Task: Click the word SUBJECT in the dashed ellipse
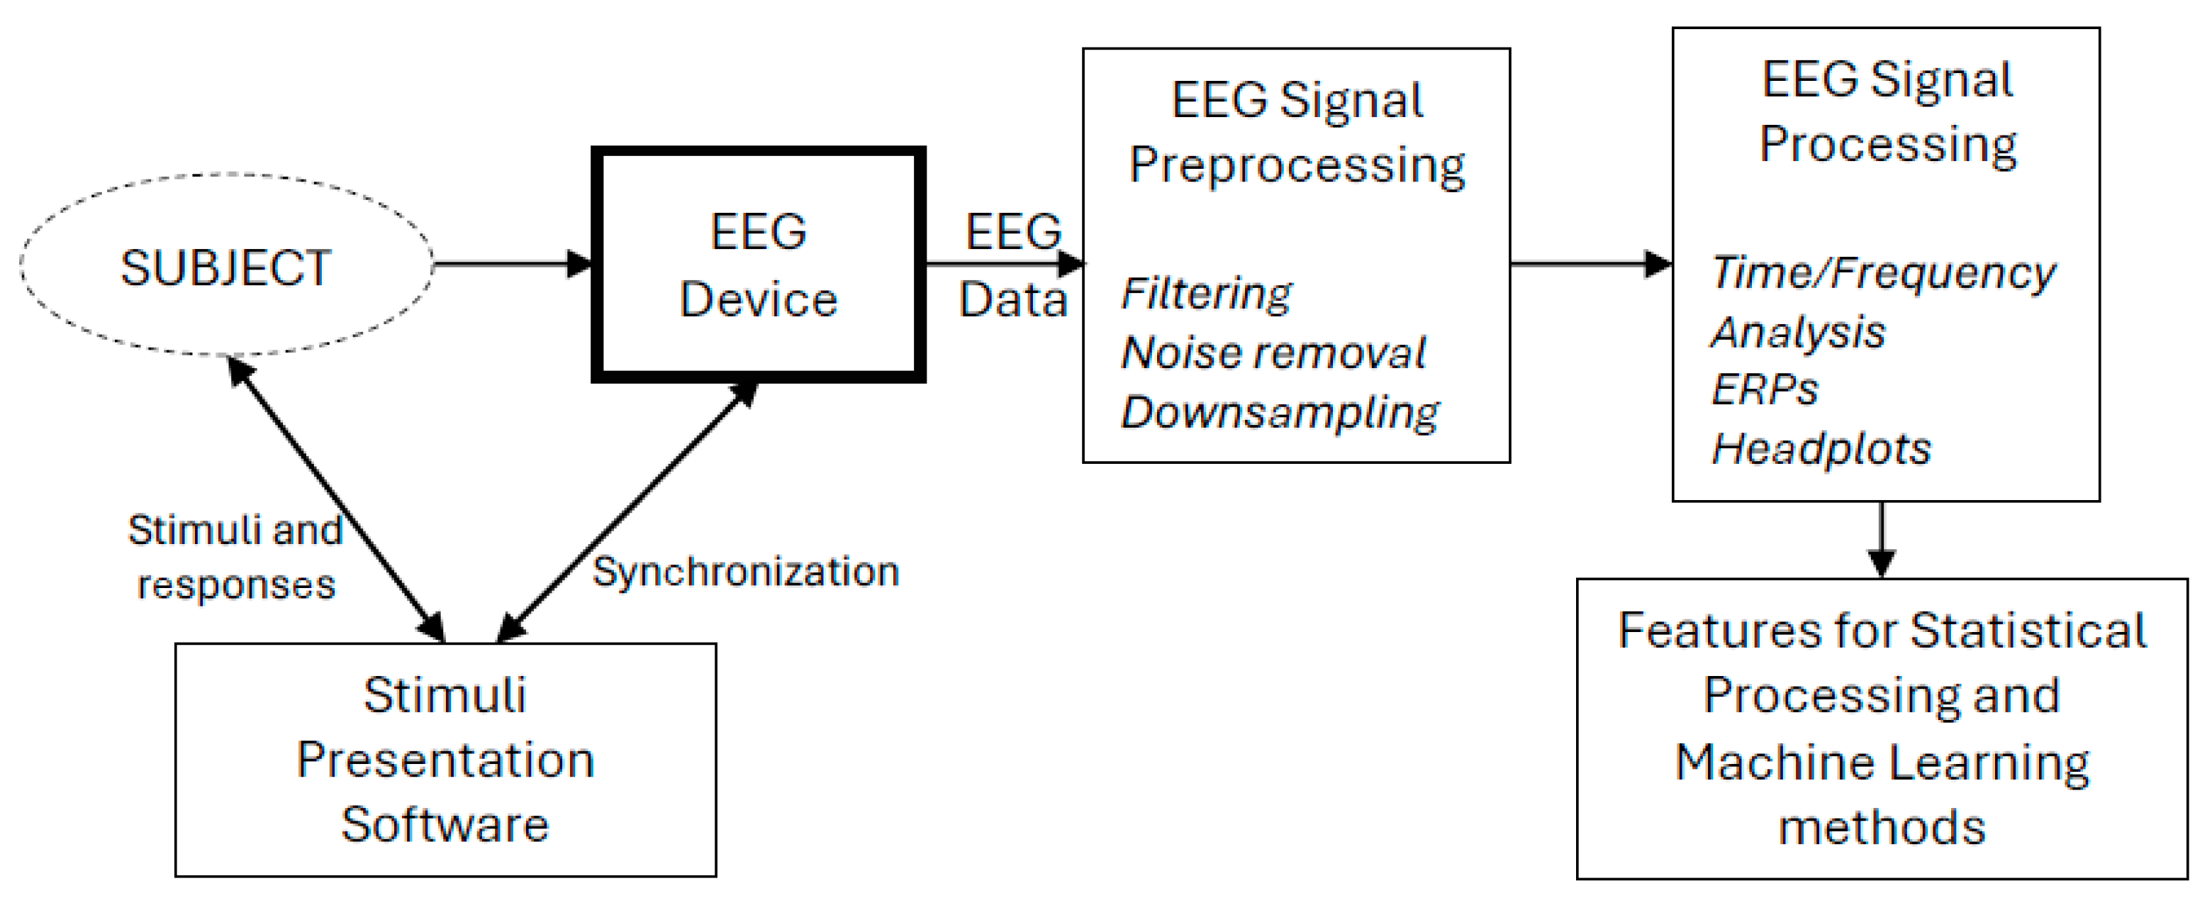tap(226, 268)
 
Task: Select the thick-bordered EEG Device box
tap(758, 265)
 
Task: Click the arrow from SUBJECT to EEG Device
tap(512, 264)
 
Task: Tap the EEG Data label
tap(1012, 265)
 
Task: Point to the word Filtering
tap(1205, 294)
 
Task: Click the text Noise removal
tap(1273, 353)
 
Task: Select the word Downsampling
tap(1280, 412)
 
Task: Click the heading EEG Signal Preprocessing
tap(1297, 133)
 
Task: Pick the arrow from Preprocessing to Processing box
tap(1589, 264)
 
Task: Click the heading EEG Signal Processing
tap(1887, 111)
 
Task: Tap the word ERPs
tap(1765, 390)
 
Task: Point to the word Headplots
tap(1821, 449)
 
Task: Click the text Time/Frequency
tap(1883, 273)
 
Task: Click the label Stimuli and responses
tap(235, 557)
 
